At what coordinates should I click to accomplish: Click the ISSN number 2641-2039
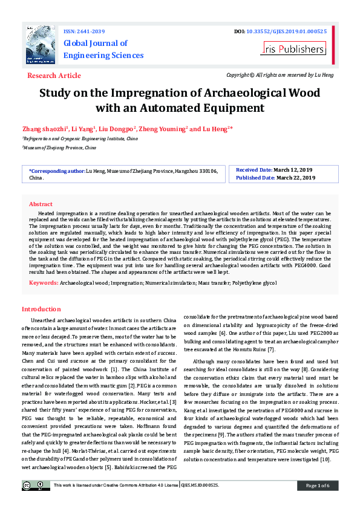tap(91, 31)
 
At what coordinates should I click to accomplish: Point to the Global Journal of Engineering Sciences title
tap(103, 49)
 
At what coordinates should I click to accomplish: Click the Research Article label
tap(54, 76)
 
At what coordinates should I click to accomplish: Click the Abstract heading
tap(41, 204)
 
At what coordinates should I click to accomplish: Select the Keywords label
tap(44, 282)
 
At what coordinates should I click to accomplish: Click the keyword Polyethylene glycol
tap(254, 283)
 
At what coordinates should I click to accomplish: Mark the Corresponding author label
tap(57, 172)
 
